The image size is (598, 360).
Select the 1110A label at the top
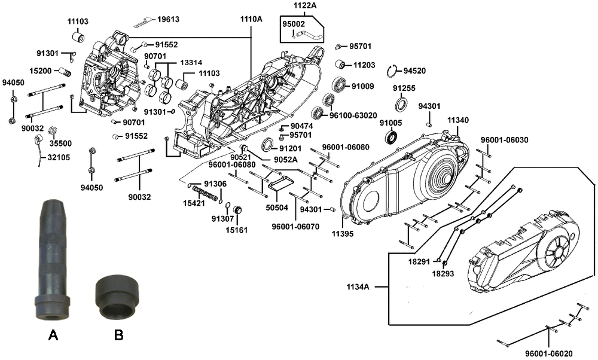coord(251,19)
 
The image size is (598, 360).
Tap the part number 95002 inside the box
coord(294,24)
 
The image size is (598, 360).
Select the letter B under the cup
coord(118,336)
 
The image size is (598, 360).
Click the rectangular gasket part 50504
coord(282,182)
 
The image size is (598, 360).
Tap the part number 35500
coord(60,144)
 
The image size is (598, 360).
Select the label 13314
coord(191,62)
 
